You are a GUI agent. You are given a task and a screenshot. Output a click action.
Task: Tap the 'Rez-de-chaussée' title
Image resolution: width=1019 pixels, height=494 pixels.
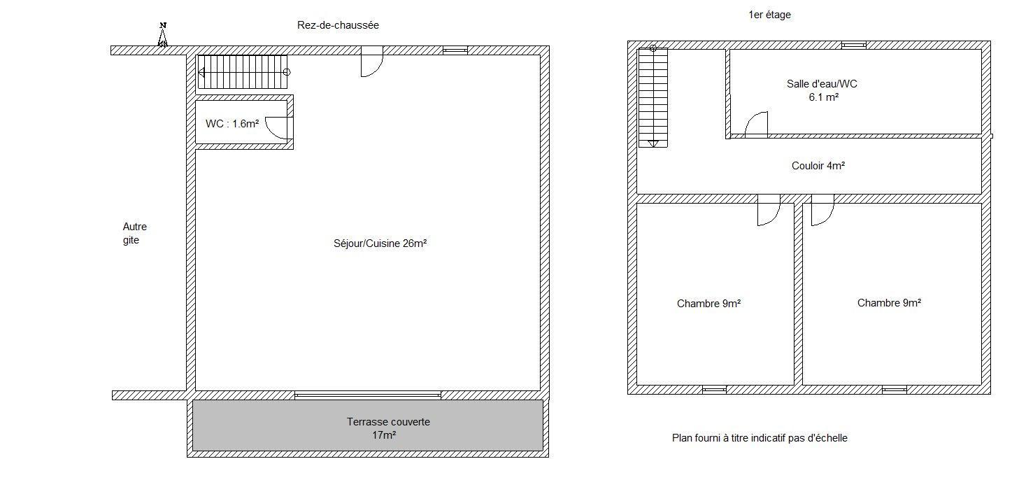(338, 25)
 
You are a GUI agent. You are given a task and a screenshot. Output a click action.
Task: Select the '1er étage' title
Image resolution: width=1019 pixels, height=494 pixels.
(770, 15)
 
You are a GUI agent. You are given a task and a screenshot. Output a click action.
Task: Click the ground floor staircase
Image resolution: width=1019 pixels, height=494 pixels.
(243, 72)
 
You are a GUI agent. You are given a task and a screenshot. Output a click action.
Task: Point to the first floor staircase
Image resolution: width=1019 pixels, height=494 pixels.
(653, 97)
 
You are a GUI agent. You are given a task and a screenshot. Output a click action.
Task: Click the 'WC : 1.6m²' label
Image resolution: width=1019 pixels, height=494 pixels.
(232, 124)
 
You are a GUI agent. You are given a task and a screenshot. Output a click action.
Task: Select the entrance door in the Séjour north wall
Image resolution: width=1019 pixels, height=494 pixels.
(372, 62)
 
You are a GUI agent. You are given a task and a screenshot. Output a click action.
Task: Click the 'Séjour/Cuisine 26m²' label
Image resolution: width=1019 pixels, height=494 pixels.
(380, 244)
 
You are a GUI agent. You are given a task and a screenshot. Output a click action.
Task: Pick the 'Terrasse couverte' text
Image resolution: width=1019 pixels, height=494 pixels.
(388, 422)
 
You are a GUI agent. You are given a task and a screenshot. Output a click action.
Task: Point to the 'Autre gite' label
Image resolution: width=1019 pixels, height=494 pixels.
(135, 233)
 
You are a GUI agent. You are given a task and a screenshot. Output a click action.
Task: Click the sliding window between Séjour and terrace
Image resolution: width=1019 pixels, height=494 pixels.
(368, 395)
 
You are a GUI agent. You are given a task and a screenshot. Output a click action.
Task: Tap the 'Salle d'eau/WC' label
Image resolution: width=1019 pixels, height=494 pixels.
(822, 84)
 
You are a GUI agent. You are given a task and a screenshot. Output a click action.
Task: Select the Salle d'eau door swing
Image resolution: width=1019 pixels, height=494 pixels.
(756, 125)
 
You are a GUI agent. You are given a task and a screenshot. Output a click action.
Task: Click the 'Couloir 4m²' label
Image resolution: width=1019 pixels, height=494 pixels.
(818, 167)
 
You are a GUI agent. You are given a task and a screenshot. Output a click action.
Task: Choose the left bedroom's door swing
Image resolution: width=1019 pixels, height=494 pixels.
(769, 210)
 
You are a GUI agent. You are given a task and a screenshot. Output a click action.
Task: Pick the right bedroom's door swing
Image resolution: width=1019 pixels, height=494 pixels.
(822, 210)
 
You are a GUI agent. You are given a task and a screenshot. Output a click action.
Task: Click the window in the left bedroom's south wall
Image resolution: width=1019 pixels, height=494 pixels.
(714, 390)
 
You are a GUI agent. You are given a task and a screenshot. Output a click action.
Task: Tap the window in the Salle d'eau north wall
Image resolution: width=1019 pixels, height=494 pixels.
(854, 45)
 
